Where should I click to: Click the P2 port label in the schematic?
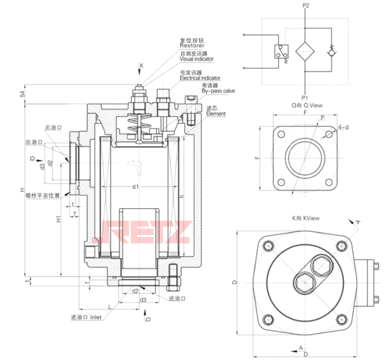tap(306, 6)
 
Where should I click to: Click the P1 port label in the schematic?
tap(306, 97)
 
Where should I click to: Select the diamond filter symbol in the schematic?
tap(306, 50)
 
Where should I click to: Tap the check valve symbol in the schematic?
tap(331, 50)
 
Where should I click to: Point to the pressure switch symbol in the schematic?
tap(279, 51)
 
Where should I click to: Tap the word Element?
tap(216, 114)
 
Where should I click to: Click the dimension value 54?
tap(22, 94)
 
